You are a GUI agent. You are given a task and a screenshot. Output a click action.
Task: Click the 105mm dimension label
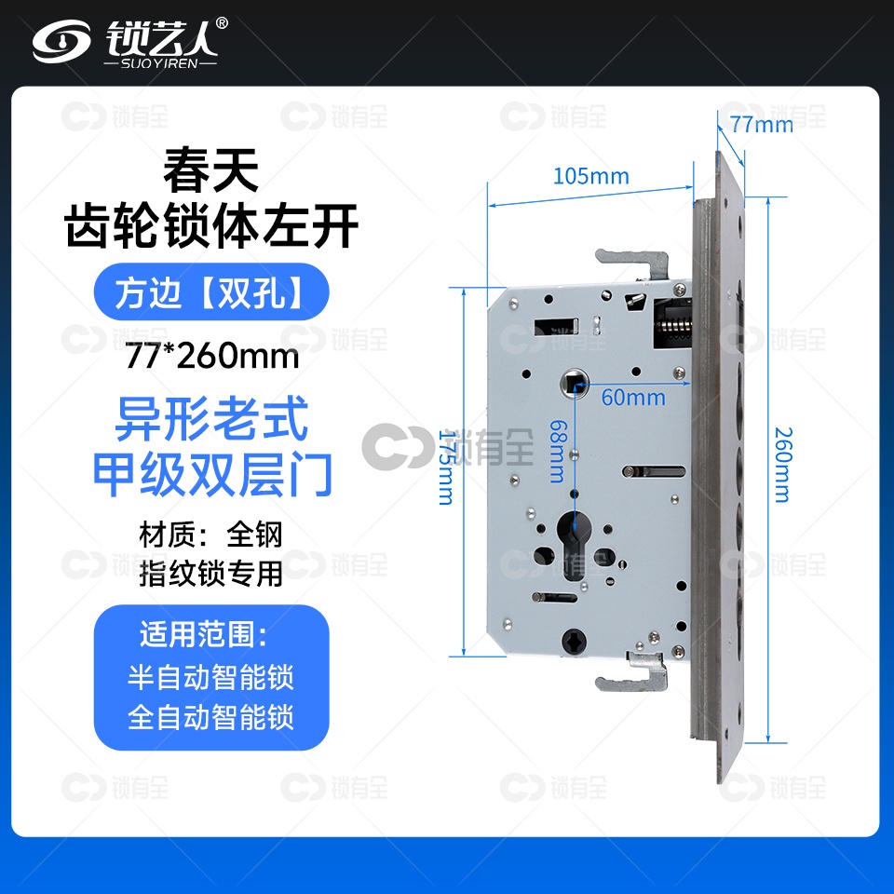point(591,176)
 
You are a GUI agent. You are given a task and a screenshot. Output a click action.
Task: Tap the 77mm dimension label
point(762,124)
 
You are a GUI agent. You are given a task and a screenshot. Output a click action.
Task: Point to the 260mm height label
point(783,465)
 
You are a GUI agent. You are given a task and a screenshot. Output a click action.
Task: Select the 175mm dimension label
point(446,467)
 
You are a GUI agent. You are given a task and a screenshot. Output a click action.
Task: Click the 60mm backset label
point(633,398)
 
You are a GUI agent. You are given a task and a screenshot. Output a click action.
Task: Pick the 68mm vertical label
point(558,452)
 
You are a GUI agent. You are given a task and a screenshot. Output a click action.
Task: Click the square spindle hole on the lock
point(575,382)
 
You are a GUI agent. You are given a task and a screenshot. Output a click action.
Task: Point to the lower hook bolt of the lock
point(633,672)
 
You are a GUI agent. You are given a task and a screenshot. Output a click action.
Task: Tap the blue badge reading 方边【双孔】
point(211,291)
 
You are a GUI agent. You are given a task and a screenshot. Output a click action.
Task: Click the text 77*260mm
point(211,357)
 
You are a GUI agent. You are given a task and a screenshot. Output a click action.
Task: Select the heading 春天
point(211,169)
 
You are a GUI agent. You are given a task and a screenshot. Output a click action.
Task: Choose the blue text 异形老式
point(211,419)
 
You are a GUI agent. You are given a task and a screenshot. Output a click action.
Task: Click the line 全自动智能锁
point(210,717)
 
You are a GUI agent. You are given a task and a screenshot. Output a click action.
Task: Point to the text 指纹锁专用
point(211,573)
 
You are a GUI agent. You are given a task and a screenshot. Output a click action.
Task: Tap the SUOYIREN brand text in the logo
point(159,62)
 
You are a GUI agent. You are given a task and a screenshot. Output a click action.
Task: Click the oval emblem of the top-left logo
point(61,42)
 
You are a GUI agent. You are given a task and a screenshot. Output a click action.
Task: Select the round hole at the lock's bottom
point(573,642)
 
